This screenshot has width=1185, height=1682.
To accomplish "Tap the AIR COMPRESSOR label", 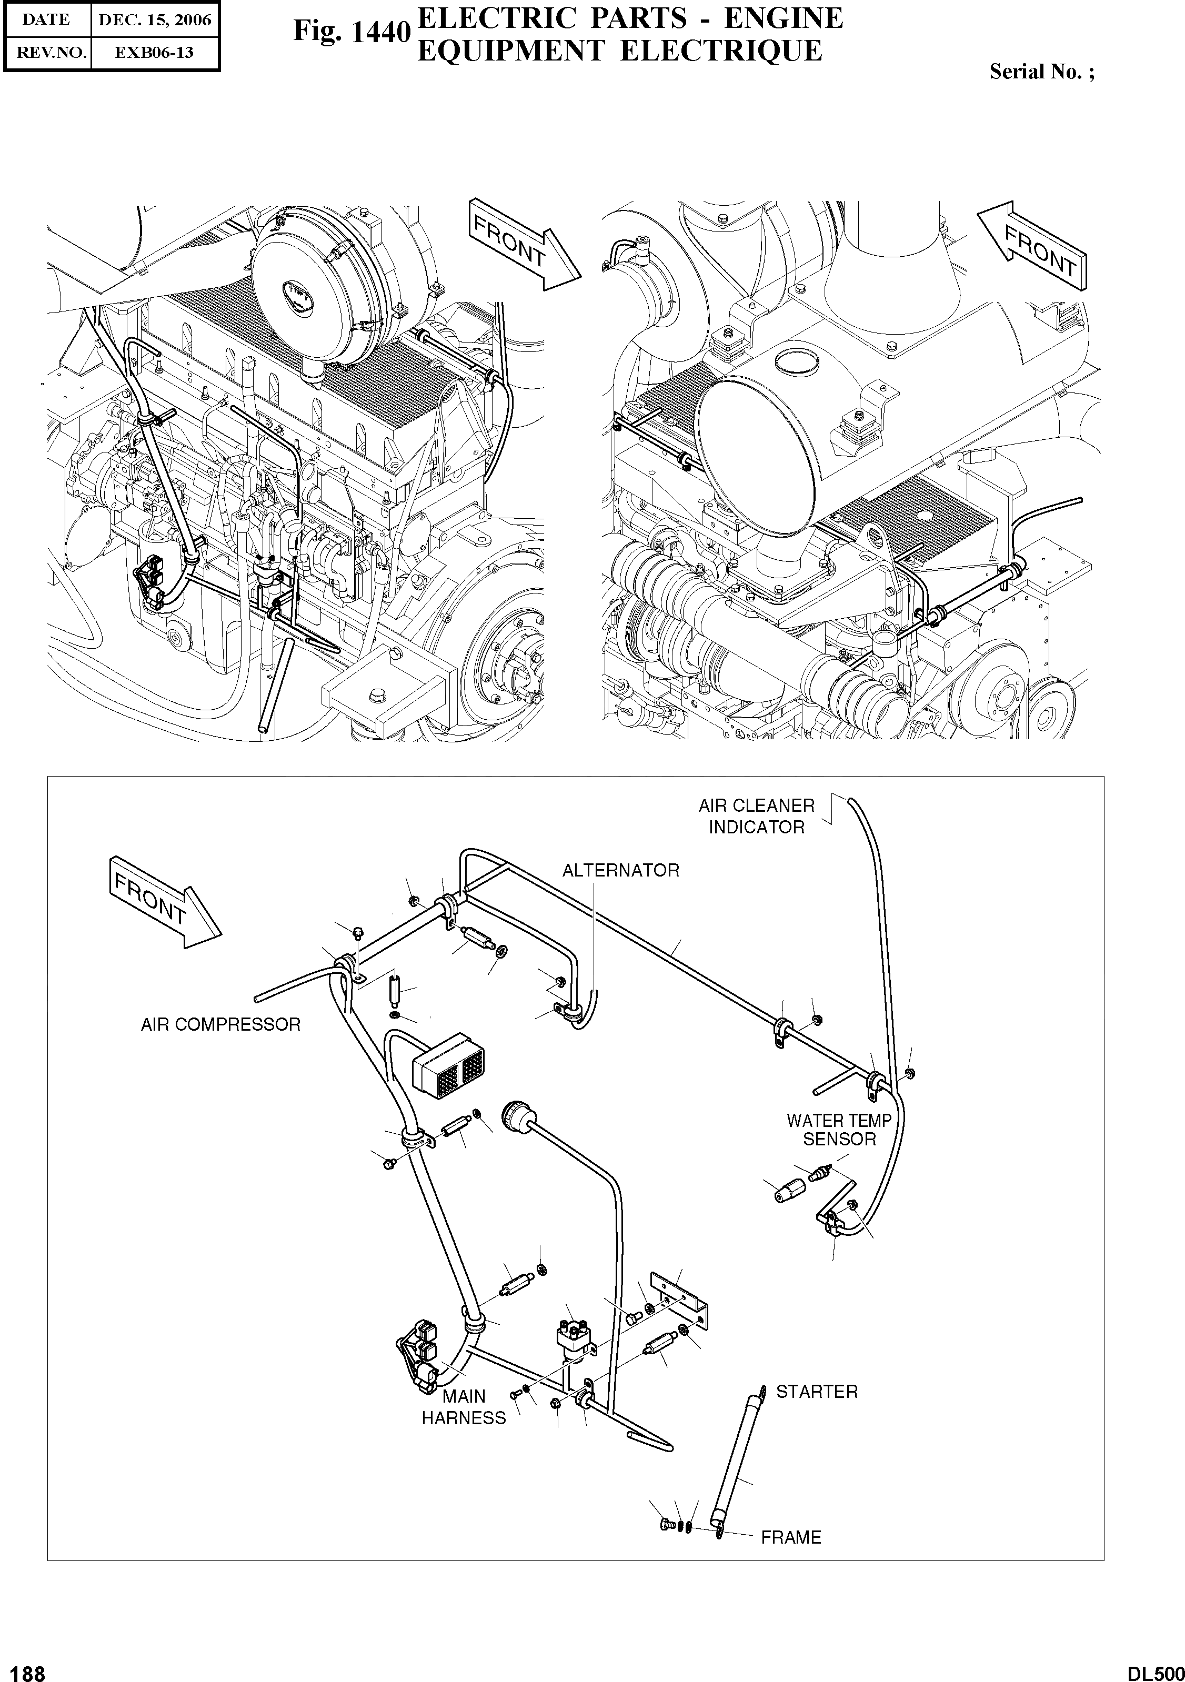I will tap(220, 1024).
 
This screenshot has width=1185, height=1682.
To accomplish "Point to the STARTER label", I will tap(816, 1391).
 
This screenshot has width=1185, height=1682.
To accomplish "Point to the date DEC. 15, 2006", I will tap(155, 20).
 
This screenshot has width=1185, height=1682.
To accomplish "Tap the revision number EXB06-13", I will tap(155, 53).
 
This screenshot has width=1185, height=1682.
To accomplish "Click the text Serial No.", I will tap(1041, 72).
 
